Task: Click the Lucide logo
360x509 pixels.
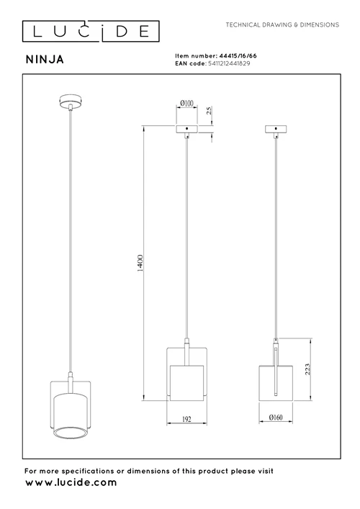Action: [x=91, y=32]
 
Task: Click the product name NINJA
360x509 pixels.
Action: [x=45, y=60]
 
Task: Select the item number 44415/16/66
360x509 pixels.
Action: [x=238, y=56]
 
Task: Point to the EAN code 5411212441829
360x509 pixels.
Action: [x=229, y=63]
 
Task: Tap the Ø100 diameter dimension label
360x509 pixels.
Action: [x=186, y=103]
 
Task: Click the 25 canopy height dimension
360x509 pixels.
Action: [x=210, y=110]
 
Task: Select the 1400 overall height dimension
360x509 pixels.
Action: [x=140, y=263]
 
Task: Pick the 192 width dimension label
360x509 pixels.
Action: [x=186, y=419]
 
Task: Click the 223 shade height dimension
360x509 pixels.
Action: [x=307, y=369]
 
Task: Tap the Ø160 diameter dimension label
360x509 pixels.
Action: [x=276, y=418]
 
